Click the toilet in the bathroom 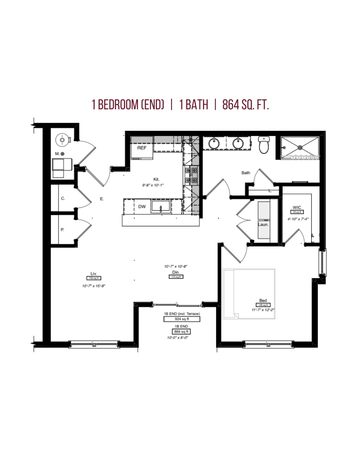pyautogui.click(x=264, y=145)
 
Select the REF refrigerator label pyautogui.click(x=142, y=148)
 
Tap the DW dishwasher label pyautogui.click(x=142, y=207)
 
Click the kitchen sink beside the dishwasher pyautogui.click(x=161, y=207)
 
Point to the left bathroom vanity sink pyautogui.click(x=214, y=144)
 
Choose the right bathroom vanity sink pyautogui.click(x=238, y=144)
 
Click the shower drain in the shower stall pyautogui.click(x=300, y=147)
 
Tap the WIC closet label pyautogui.click(x=297, y=207)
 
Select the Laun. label pyautogui.click(x=263, y=224)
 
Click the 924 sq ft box pyautogui.click(x=182, y=319)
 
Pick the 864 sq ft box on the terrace pyautogui.click(x=181, y=332)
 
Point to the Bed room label pyautogui.click(x=263, y=300)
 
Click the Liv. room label pyautogui.click(x=94, y=274)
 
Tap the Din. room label pyautogui.click(x=176, y=272)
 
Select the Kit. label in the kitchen pyautogui.click(x=156, y=179)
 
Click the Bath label pyautogui.click(x=246, y=173)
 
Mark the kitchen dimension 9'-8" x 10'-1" pyautogui.click(x=153, y=185)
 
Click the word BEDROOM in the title pyautogui.click(x=118, y=105)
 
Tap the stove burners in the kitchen pyautogui.click(x=191, y=175)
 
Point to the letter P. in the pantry pyautogui.click(x=62, y=230)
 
